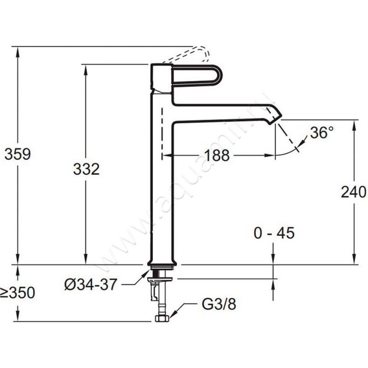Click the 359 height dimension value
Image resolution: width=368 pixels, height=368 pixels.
point(17,154)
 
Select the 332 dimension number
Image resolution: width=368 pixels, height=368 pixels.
point(86,169)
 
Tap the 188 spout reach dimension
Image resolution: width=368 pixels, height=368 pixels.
point(217,155)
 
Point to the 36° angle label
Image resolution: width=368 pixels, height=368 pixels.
point(321,133)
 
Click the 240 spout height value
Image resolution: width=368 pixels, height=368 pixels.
point(353,192)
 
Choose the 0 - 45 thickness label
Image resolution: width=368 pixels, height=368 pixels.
point(274,233)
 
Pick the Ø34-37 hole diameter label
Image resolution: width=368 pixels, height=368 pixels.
point(90,285)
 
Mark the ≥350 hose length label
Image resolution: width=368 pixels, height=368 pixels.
point(17,293)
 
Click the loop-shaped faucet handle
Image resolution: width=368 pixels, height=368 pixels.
point(198,75)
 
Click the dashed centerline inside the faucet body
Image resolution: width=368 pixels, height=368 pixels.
point(162,133)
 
